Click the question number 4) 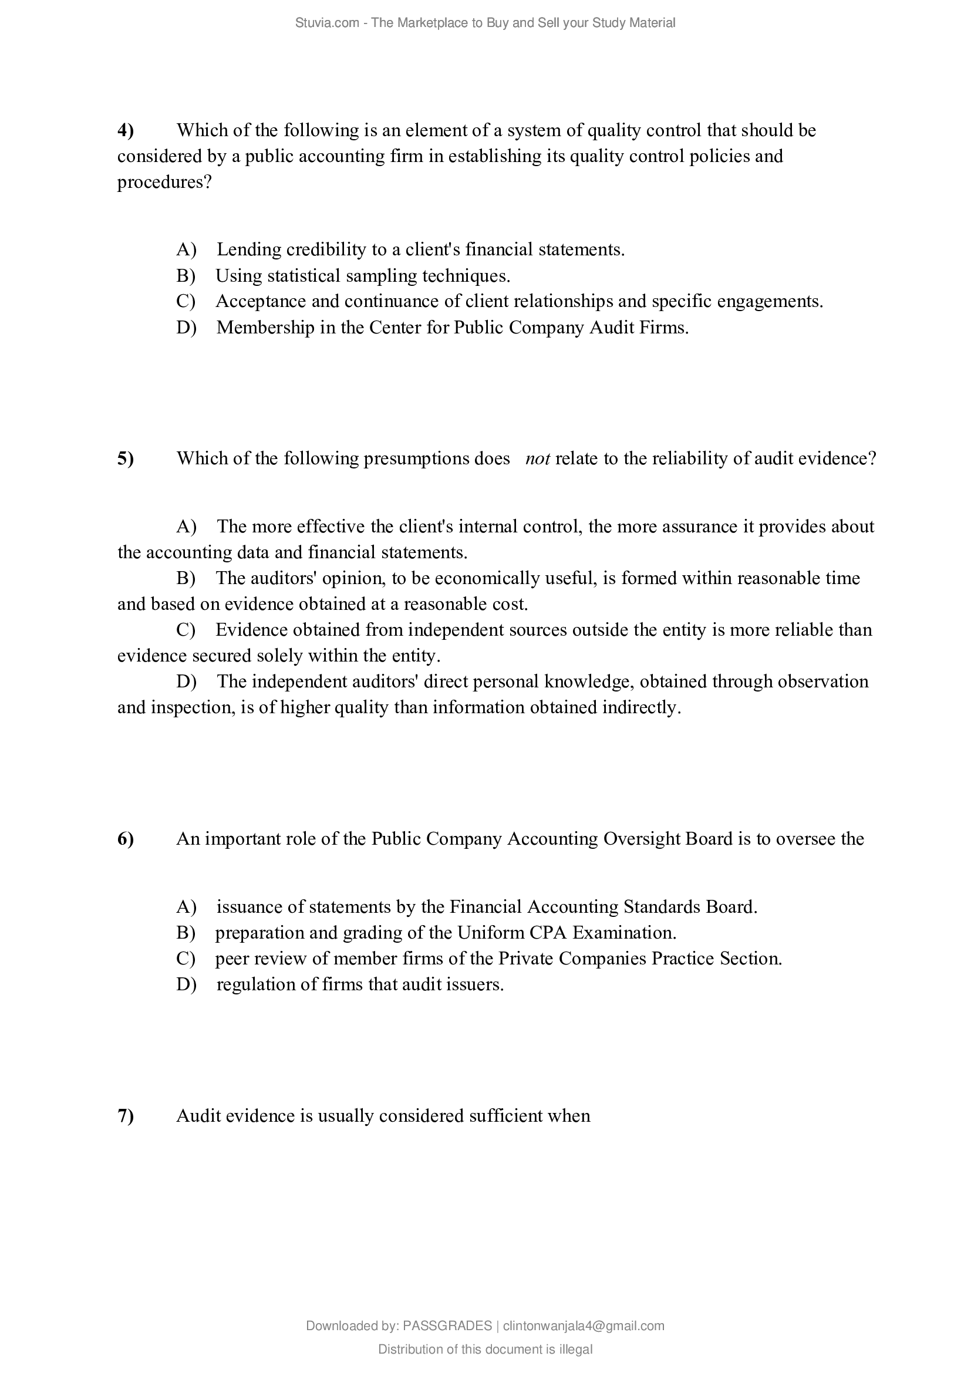(126, 130)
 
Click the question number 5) (126, 458)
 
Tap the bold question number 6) (126, 839)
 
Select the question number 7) (126, 1116)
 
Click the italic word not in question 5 (538, 458)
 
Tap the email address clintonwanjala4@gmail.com (584, 1326)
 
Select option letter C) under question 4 (186, 301)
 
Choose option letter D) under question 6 (186, 984)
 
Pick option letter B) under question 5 (186, 578)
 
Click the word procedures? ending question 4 (164, 183)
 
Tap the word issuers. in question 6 (475, 984)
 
